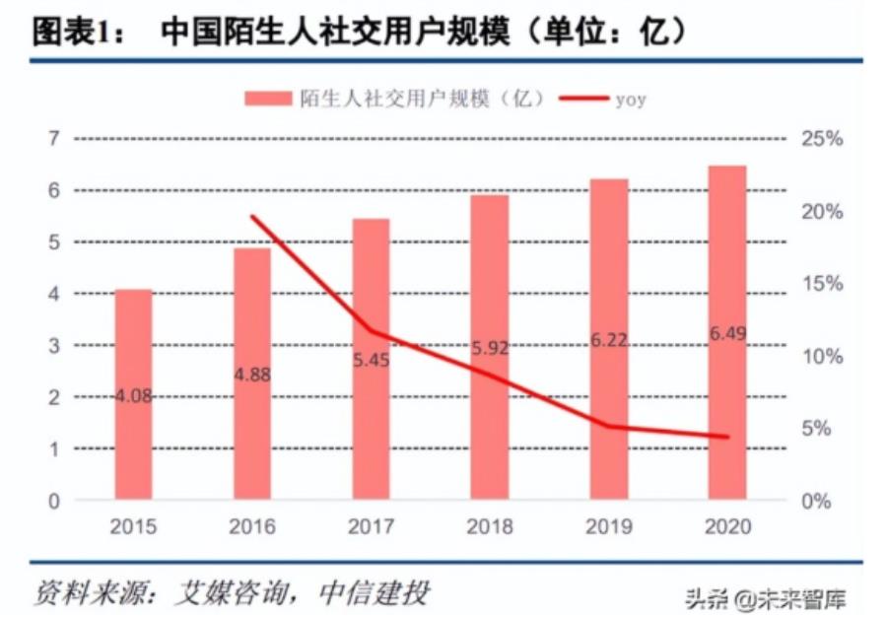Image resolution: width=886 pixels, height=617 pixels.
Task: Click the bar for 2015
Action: pos(134,394)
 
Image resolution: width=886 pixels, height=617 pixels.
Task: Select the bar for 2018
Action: pos(490,345)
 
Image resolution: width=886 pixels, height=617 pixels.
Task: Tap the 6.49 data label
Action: pos(727,335)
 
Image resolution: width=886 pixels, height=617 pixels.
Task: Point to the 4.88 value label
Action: pos(252,375)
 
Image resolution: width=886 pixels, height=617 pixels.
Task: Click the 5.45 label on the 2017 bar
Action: pos(372,361)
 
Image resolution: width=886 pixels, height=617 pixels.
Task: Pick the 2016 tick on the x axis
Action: pos(252,526)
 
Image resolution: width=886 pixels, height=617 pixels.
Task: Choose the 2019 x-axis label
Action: pos(608,526)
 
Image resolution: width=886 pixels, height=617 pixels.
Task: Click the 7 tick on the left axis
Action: pos(53,138)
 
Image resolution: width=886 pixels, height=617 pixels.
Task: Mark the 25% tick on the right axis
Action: pos(821,139)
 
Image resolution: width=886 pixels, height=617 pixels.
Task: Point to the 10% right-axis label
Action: pos(821,356)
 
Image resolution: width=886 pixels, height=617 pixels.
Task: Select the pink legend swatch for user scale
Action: pos(267,98)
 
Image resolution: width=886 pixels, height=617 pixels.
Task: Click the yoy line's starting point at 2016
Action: pos(252,217)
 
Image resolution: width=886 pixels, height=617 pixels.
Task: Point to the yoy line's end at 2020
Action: pos(727,437)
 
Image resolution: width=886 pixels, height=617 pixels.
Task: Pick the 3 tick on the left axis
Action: pos(53,346)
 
